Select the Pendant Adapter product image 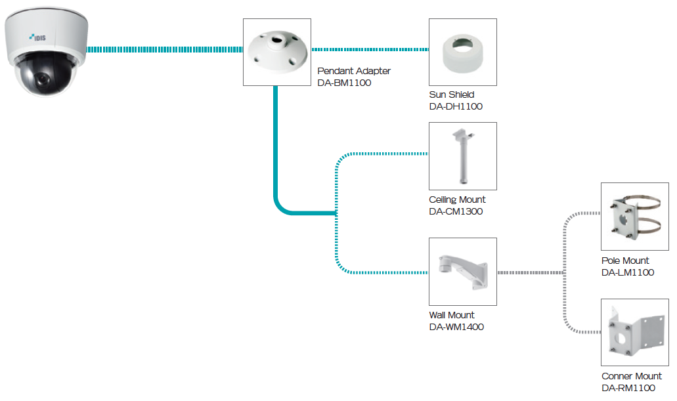(276, 52)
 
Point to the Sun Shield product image (462, 52)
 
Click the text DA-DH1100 (456, 106)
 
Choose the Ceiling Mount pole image (462, 156)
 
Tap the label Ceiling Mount (458, 200)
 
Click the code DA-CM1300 (456, 211)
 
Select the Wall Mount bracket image (462, 272)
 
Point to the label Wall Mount (452, 315)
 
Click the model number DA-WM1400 (456, 327)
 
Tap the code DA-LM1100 (628, 272)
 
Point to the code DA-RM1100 (628, 388)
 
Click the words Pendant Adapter (354, 71)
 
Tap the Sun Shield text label (452, 95)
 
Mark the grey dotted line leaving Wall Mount (529, 272)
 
